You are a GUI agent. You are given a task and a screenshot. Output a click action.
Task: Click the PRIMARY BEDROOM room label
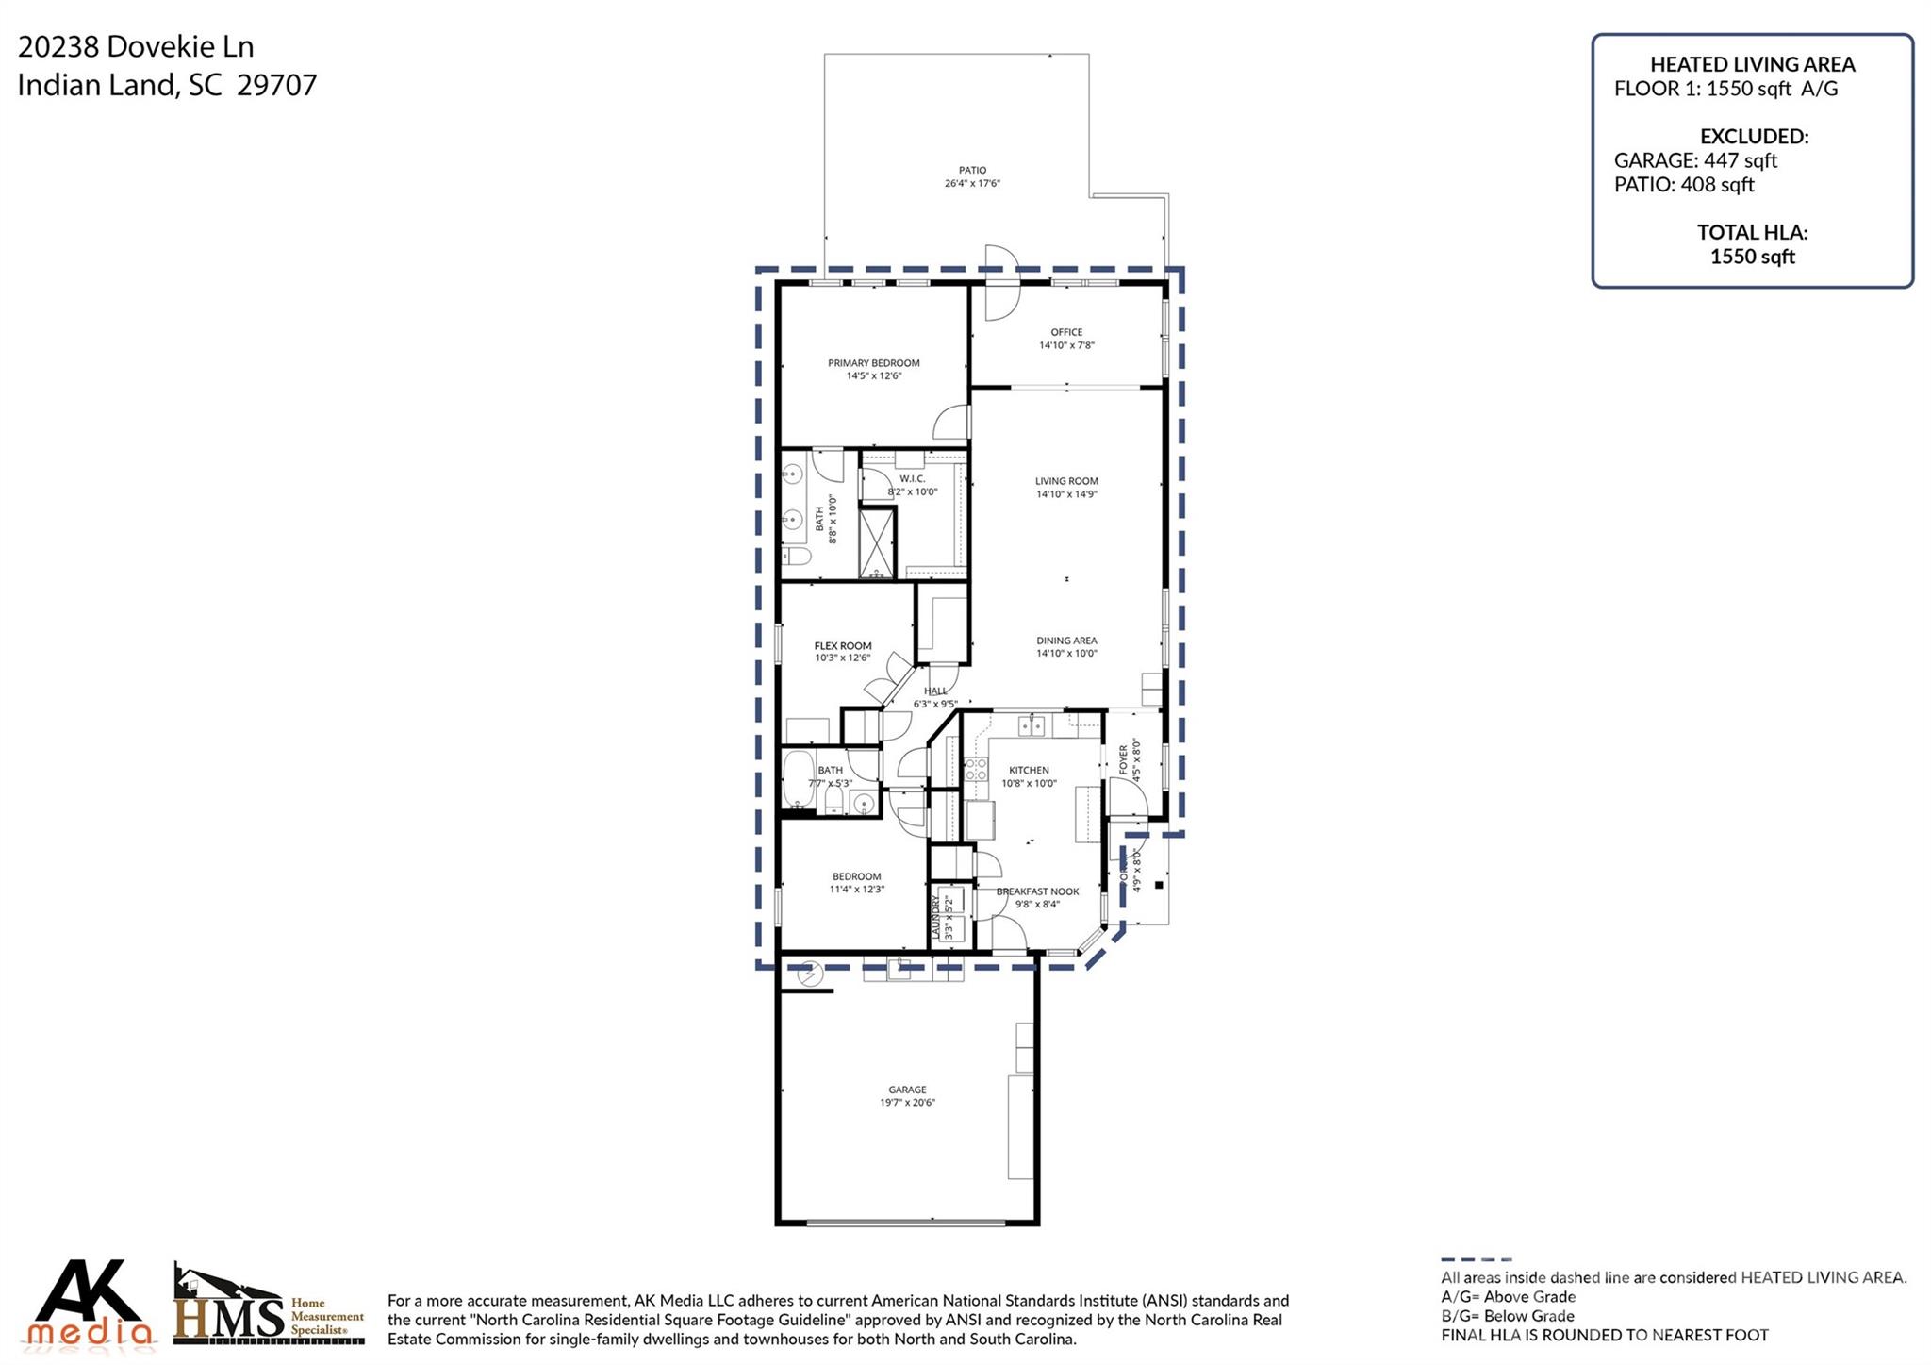coord(873,363)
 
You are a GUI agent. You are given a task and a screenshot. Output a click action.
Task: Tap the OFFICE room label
coord(1066,332)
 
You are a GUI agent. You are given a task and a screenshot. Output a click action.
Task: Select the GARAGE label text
coord(907,1090)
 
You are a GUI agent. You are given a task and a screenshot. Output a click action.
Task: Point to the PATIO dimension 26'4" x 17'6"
coord(972,184)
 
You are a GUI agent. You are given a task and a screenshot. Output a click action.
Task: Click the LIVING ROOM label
coord(1066,481)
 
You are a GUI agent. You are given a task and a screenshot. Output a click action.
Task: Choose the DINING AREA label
coord(1066,641)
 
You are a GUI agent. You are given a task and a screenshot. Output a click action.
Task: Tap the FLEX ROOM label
coord(842,646)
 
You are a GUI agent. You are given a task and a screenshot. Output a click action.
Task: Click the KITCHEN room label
coord(1029,770)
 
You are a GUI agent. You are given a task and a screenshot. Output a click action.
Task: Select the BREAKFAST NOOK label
coord(1037,891)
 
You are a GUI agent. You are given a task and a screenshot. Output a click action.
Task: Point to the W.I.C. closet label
coord(912,479)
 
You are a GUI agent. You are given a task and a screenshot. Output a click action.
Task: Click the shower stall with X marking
coord(876,542)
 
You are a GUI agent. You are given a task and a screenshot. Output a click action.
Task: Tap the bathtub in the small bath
coord(797,780)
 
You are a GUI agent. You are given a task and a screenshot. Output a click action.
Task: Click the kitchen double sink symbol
coord(1032,725)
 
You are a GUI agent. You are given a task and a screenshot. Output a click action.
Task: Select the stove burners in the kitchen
coord(975,769)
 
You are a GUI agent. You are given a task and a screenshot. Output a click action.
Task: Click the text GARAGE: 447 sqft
coord(1694,160)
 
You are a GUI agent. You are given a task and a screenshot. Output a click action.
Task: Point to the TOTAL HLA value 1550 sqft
coord(1752,257)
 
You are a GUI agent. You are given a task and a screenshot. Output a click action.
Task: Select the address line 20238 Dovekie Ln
coord(136,46)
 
